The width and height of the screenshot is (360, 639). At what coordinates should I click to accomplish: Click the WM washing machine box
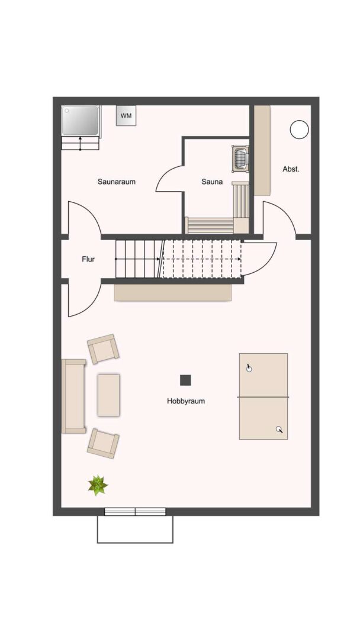click(x=126, y=115)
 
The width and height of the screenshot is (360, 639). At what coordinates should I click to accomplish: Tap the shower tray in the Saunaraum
click(x=81, y=121)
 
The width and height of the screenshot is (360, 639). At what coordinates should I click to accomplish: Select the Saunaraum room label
click(x=117, y=182)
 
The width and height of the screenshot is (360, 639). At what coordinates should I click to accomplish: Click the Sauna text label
click(x=212, y=182)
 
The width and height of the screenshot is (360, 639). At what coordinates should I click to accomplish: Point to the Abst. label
click(x=291, y=169)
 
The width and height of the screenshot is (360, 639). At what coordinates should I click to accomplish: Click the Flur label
click(x=88, y=259)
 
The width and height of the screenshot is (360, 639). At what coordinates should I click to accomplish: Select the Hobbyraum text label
click(x=186, y=401)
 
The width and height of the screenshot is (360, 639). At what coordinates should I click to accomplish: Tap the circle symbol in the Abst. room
click(x=300, y=129)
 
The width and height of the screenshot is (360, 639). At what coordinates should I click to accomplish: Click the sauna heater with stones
click(x=240, y=159)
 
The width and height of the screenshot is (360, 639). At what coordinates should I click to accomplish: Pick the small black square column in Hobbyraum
click(x=186, y=380)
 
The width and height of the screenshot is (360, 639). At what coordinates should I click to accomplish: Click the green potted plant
click(x=98, y=485)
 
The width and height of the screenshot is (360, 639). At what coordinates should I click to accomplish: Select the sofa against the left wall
click(x=73, y=396)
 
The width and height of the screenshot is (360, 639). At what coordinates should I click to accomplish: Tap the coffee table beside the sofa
click(x=108, y=395)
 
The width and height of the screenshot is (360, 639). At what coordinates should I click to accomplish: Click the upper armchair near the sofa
click(x=103, y=349)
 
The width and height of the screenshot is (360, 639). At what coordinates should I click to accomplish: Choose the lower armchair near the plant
click(x=103, y=443)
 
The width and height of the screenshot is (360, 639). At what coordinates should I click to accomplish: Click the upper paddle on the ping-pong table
click(x=249, y=368)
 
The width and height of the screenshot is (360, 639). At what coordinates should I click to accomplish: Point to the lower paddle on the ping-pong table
click(x=279, y=430)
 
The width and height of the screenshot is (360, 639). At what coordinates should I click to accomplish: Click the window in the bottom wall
click(x=135, y=512)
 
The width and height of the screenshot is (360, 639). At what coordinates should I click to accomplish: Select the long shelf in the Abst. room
click(x=262, y=150)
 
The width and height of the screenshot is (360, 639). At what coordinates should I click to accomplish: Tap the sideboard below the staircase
click(x=172, y=292)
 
